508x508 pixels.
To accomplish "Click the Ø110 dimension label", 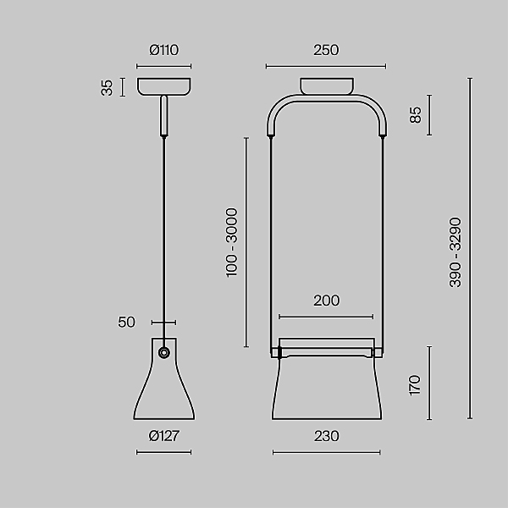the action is pyautogui.click(x=163, y=50).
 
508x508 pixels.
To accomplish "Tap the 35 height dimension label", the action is pyautogui.click(x=107, y=87).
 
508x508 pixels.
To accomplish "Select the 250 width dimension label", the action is pyautogui.click(x=326, y=50).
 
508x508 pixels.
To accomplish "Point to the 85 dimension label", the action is pyautogui.click(x=416, y=114).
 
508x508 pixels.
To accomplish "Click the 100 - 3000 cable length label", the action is pyautogui.click(x=232, y=243).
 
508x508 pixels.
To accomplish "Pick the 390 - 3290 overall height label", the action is pyautogui.click(x=456, y=252).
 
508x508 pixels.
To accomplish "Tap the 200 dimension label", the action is pyautogui.click(x=327, y=301).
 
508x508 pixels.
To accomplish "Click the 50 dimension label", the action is pyautogui.click(x=126, y=322).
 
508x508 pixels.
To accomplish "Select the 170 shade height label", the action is pyautogui.click(x=415, y=385).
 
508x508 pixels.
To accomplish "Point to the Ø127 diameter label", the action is pyautogui.click(x=164, y=436).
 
